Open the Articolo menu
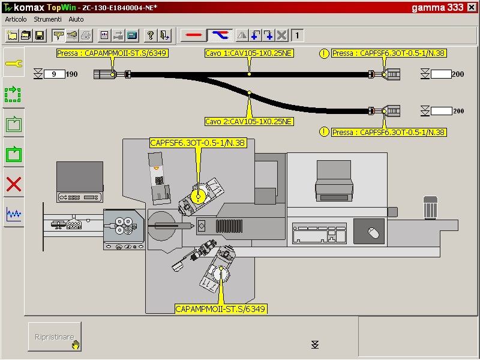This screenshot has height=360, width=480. [x=16, y=19]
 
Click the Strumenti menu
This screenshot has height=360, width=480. [x=48, y=19]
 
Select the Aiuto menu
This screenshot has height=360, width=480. [x=76, y=19]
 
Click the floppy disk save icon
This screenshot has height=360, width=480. [x=40, y=35]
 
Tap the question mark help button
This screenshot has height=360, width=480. [x=151, y=35]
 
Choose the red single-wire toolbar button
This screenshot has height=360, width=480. [x=193, y=35]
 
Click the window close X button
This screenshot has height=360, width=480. [x=471, y=8]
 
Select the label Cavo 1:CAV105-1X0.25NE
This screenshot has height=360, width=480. [x=249, y=53]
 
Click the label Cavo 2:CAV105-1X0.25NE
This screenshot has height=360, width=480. [x=249, y=122]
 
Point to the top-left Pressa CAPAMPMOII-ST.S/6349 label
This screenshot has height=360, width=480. [x=112, y=53]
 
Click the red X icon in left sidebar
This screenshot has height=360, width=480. [x=13, y=184]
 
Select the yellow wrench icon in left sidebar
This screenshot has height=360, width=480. [x=13, y=64]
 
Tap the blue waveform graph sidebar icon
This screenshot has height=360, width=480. [x=13, y=214]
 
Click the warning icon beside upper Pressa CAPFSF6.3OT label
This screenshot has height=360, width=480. [x=325, y=53]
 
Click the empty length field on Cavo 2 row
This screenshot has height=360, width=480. [x=441, y=111]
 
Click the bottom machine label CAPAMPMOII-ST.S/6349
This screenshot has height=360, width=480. [x=221, y=309]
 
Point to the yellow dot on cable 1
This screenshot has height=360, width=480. [x=249, y=74]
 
